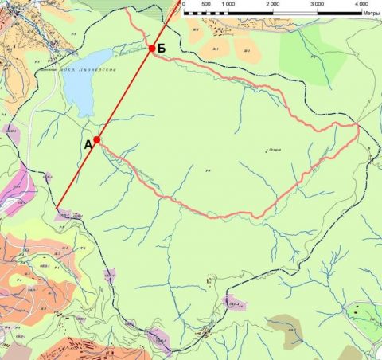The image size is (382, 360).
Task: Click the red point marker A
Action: coord(96,139)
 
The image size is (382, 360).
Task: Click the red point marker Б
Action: coord(151,49)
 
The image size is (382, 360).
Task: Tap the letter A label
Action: coord(88,145)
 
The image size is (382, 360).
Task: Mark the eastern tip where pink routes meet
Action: coord(359,126)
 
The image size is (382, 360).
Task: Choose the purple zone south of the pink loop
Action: coord(234,303)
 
